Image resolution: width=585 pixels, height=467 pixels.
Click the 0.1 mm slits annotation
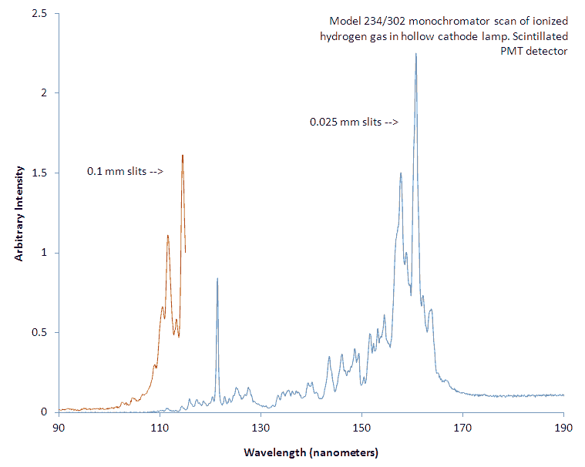pos(124,172)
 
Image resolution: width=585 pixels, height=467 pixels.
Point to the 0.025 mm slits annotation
pos(354,122)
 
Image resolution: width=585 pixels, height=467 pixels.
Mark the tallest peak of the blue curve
pos(415,54)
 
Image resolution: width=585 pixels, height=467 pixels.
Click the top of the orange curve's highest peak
pos(183,156)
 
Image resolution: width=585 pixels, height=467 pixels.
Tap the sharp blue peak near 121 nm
pos(217,278)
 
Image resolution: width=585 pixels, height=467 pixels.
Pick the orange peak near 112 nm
pos(167,236)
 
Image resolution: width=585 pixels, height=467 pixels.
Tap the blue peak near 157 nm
pos(401,173)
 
